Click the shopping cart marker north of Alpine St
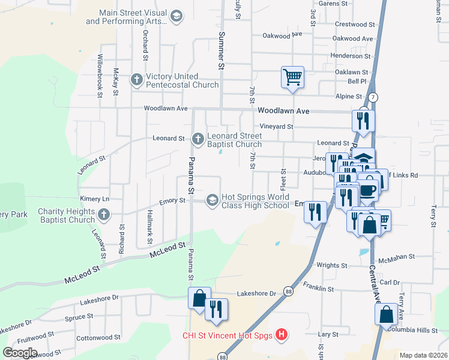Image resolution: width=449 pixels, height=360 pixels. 292,77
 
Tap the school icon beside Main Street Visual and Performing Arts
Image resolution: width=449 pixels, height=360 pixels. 176,16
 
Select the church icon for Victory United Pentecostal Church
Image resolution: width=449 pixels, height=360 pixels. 137,79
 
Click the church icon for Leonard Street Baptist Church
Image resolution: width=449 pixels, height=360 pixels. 198,139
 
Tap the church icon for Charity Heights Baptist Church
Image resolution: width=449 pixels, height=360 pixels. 104,215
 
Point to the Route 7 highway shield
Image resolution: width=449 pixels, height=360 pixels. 373,97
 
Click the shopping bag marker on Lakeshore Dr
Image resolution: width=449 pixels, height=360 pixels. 199,298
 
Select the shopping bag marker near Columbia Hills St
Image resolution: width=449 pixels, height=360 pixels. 386,314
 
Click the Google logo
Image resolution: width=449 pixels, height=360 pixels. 19,352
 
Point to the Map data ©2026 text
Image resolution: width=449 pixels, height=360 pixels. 423,355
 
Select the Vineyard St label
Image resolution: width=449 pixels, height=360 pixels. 276,127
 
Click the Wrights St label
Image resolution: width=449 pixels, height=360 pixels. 332,265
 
